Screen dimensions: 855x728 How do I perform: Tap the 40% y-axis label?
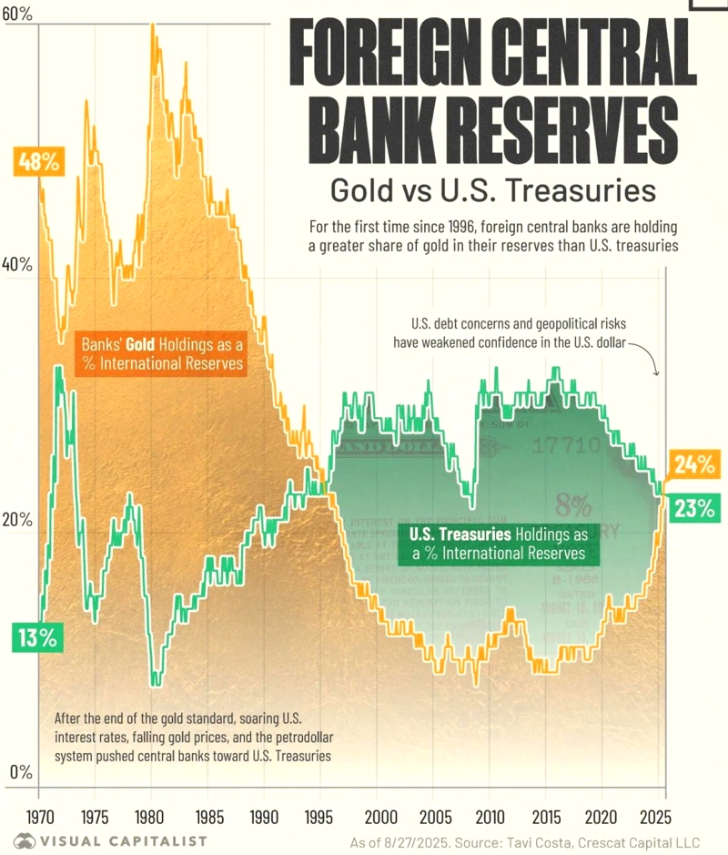18,265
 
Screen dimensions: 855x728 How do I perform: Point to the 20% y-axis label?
18,520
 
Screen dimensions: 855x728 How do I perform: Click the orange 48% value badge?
38,163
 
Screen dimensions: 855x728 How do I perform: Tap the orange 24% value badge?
694,465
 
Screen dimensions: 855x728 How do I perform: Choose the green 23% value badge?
694,508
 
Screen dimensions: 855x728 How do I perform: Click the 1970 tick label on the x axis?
38,814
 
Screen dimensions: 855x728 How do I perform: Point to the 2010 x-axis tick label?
490,814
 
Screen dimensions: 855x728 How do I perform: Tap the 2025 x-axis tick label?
660,814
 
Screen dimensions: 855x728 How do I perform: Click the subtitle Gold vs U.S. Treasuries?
492,191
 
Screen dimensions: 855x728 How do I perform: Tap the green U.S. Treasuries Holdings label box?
498,544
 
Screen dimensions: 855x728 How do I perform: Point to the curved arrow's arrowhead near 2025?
658,373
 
